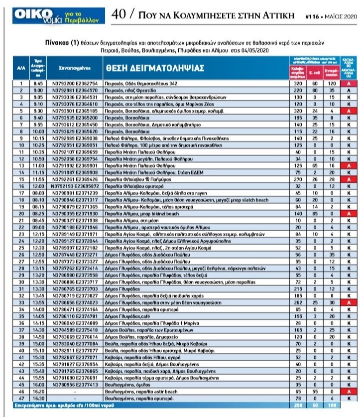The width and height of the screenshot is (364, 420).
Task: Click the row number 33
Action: [x=20, y=302]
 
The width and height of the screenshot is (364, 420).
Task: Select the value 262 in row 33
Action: [x=299, y=302]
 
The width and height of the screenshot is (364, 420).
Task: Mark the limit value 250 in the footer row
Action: [x=299, y=406]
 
